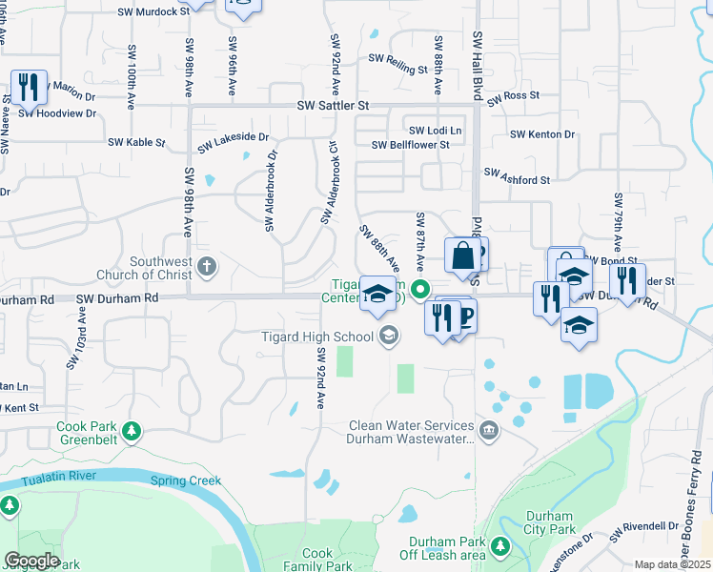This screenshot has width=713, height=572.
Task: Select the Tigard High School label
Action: pyautogui.click(x=317, y=336)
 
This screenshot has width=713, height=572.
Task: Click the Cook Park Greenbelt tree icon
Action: pyautogui.click(x=132, y=431)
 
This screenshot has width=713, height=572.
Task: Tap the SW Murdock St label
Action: pyautogui.click(x=153, y=12)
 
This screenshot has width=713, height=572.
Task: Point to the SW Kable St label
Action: pyautogui.click(x=136, y=143)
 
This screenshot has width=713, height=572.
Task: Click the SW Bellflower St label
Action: pyautogui.click(x=411, y=145)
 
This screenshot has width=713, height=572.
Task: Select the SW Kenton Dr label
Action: pyautogui.click(x=542, y=135)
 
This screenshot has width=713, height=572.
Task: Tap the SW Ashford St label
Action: pyautogui.click(x=518, y=177)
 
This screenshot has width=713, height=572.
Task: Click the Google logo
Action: pyautogui.click(x=31, y=561)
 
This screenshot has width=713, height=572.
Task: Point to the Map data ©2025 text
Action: pyautogui.click(x=671, y=564)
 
